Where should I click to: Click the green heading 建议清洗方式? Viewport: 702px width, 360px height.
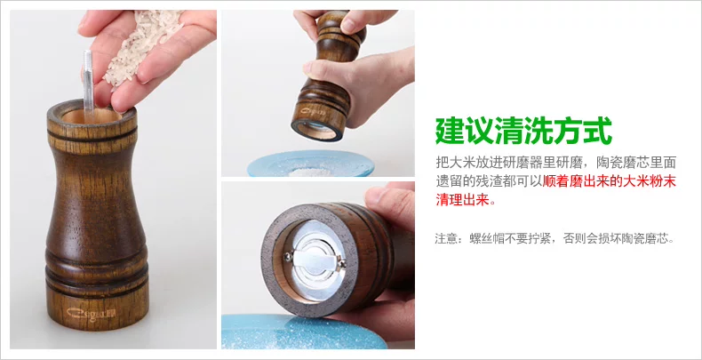point(523,131)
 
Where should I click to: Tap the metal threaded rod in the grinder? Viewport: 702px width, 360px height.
point(88,81)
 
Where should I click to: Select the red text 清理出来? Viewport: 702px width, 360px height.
point(461,200)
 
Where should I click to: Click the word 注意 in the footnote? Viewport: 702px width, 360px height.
point(448,238)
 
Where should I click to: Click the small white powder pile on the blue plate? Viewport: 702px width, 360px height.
point(310,172)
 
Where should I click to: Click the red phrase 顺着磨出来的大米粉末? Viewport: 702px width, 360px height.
point(610,181)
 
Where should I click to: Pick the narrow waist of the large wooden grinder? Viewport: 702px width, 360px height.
point(95,188)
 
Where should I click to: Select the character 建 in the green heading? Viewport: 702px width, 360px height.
point(450,131)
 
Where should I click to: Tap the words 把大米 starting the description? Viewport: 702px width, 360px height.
point(455,161)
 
